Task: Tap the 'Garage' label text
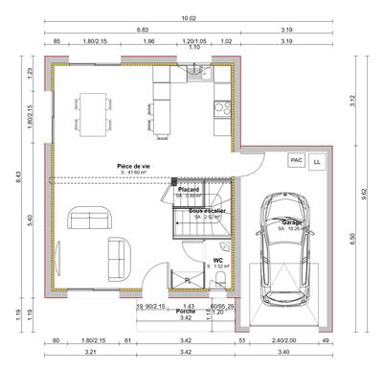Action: pos(291,222)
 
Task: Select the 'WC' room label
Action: pos(218,259)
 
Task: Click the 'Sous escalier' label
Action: pos(207,210)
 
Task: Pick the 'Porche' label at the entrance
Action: pos(187,311)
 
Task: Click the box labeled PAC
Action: pos(296,161)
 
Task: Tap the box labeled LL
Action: pos(317,162)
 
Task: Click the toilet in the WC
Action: pos(221,279)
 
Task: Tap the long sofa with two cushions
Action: pos(88,220)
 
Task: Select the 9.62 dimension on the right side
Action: pos(364,192)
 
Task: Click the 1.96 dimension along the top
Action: pos(148,41)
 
